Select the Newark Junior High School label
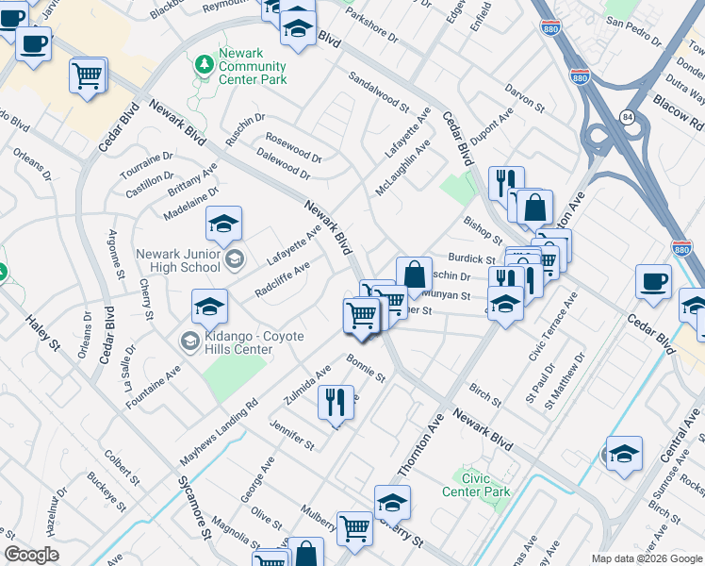178,260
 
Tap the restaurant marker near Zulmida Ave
336,403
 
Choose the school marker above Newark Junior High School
223,224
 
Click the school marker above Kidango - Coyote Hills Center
209,306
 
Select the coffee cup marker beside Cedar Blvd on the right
653,280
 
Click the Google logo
31,555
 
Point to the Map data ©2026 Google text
646,558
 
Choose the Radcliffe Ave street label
283,279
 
